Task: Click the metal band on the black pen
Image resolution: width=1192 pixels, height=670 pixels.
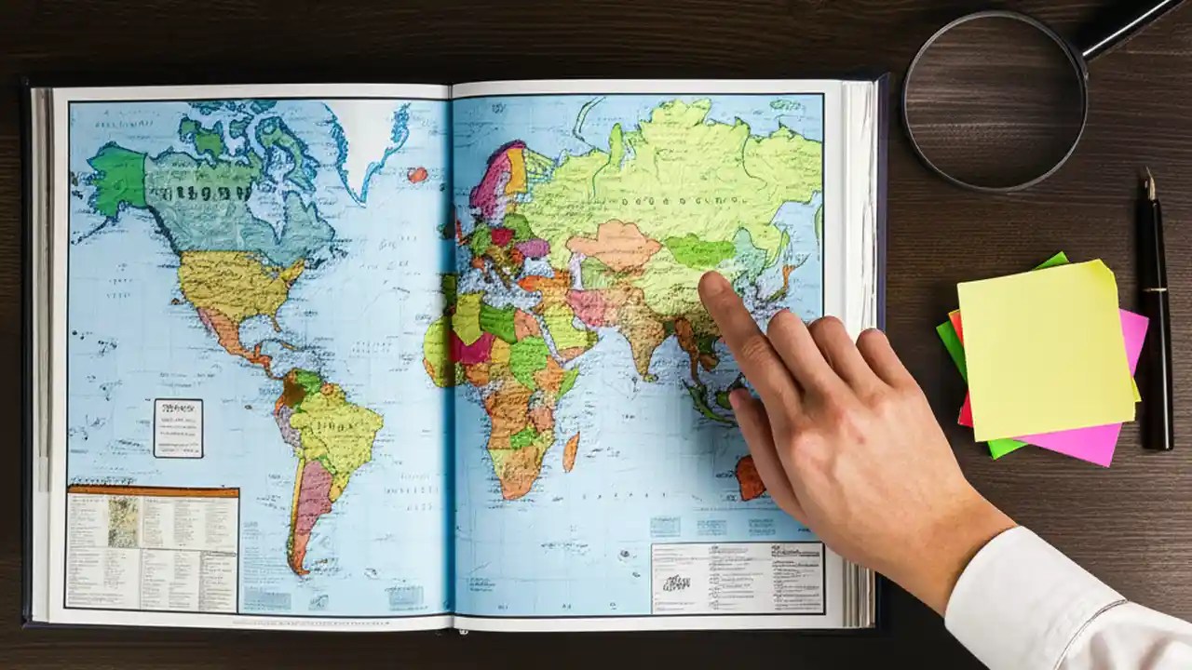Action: [1156, 290]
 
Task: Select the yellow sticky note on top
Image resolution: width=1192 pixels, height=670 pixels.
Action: [1043, 349]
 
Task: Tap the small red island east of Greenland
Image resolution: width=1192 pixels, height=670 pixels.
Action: [418, 174]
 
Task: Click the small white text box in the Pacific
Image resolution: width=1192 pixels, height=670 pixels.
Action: [177, 427]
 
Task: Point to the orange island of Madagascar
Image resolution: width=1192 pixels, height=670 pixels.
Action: [570, 450]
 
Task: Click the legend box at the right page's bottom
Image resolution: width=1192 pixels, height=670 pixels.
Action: [737, 577]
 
